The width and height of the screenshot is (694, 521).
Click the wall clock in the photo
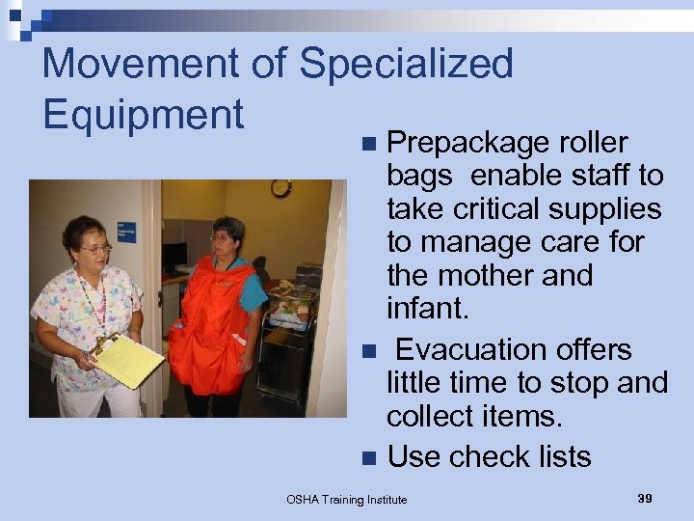(x=280, y=187)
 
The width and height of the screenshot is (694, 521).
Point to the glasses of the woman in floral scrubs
(x=95, y=249)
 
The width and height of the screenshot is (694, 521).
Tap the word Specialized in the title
(x=406, y=64)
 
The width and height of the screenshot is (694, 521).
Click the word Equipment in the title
(x=143, y=114)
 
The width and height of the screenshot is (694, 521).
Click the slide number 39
(x=645, y=498)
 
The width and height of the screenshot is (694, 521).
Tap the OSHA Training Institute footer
(x=347, y=499)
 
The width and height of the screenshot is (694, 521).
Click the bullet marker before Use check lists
(x=368, y=457)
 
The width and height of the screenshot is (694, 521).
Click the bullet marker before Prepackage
(x=368, y=144)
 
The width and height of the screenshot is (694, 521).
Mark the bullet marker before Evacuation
(x=368, y=350)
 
